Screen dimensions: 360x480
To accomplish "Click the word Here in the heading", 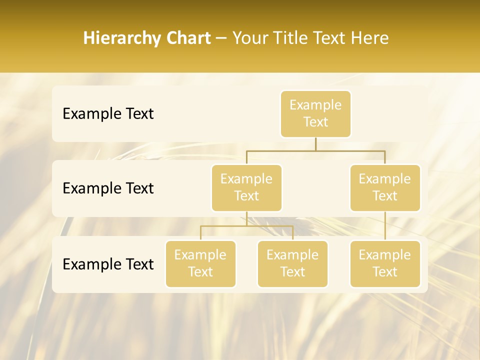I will click(x=369, y=38).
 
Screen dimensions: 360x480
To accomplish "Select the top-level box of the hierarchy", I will click(x=315, y=113).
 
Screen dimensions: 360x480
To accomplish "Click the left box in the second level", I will click(x=246, y=187).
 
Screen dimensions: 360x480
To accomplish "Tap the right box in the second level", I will click(x=385, y=187).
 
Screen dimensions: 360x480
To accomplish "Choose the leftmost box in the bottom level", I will click(x=200, y=263).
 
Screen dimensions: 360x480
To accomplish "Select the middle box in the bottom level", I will click(x=292, y=263).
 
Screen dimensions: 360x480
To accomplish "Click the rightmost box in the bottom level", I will click(x=385, y=263).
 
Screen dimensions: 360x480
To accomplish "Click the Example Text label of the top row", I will click(x=108, y=114).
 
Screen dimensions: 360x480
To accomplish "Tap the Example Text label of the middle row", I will click(x=108, y=188).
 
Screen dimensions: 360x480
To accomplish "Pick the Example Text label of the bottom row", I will click(x=108, y=264).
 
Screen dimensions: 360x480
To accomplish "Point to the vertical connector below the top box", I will click(x=315, y=144).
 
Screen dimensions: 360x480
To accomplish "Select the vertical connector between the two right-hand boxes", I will click(x=385, y=226).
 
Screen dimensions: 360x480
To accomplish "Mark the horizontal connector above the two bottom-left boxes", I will click(x=246, y=226).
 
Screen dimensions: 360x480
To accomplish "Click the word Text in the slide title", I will click(x=328, y=38).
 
